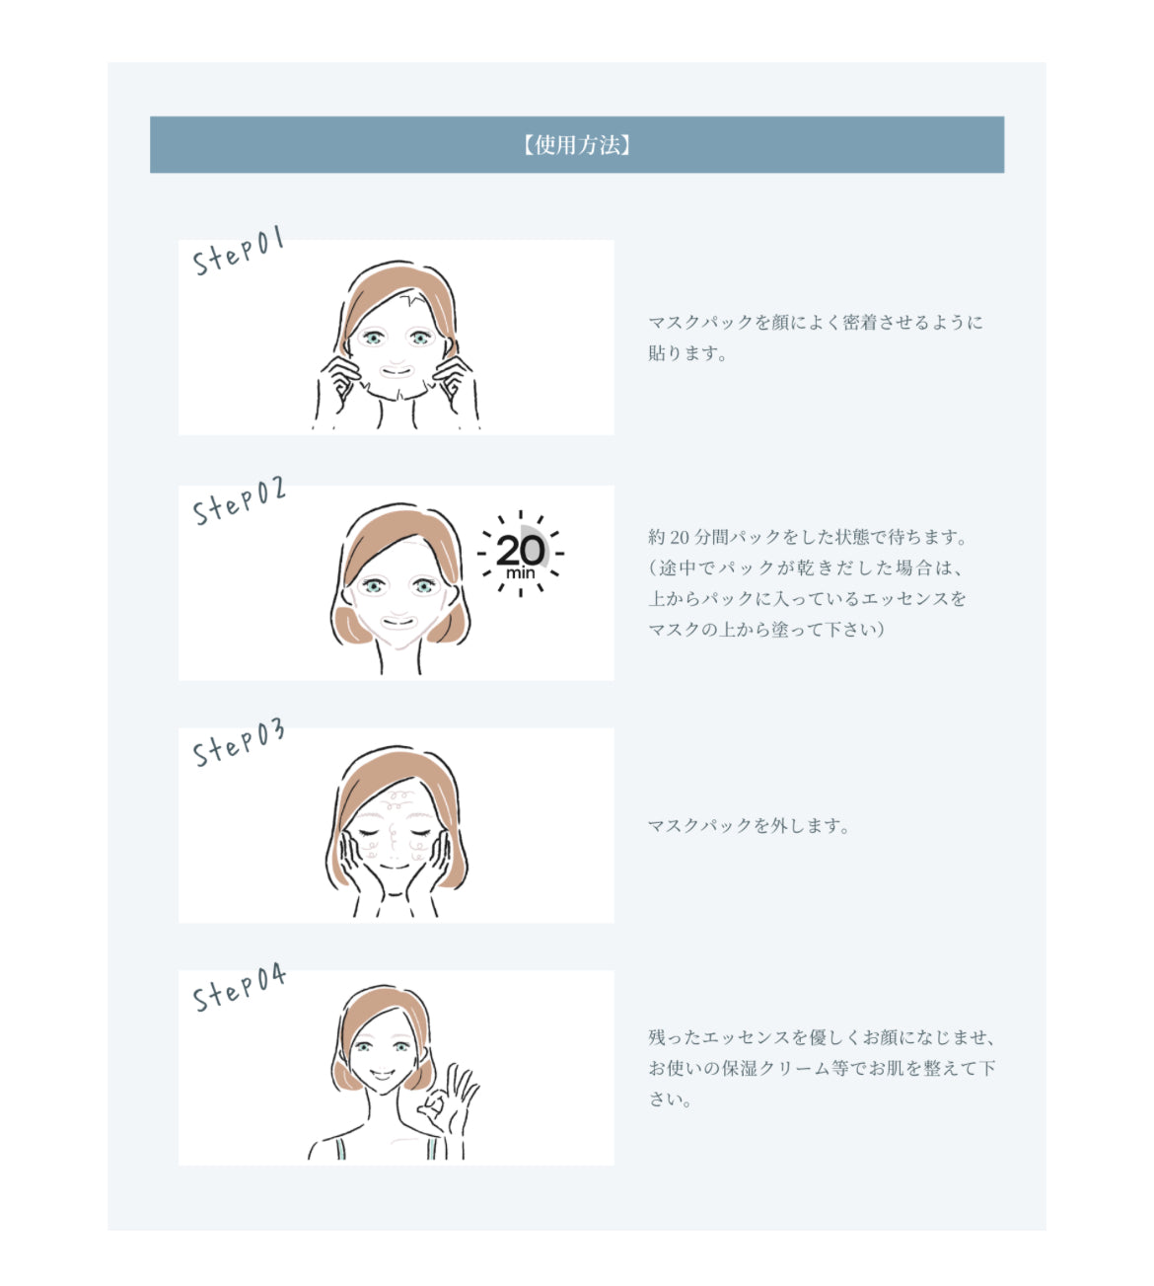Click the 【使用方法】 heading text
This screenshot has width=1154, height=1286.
point(577,145)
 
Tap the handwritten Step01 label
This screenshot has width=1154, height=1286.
point(239,251)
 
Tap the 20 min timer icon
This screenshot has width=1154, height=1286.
point(521,554)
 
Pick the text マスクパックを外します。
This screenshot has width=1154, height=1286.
point(748,826)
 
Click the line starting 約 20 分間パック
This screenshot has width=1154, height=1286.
point(808,537)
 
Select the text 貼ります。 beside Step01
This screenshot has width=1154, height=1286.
point(686,353)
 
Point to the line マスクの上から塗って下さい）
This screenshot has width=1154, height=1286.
point(765,629)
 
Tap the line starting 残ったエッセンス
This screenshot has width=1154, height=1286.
point(821,1037)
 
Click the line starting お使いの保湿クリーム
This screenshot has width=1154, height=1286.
point(821,1068)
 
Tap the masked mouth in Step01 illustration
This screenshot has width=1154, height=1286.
point(397,372)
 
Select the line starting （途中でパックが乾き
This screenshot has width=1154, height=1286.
point(805,567)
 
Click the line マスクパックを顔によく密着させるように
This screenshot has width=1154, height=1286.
point(815,323)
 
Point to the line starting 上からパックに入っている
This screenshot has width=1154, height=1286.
point(807,598)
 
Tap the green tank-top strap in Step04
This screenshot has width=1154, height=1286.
point(339,1148)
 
